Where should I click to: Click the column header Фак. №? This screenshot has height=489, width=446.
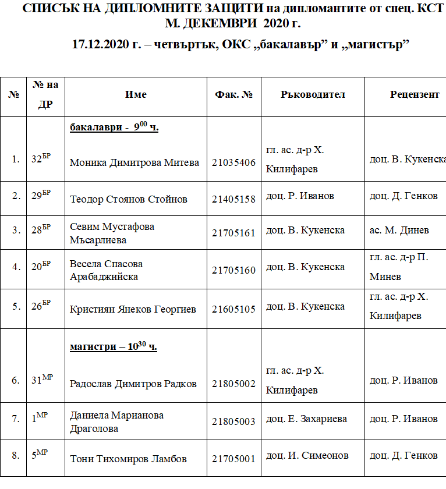tap(233, 94)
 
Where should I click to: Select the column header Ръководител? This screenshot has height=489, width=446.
tap(313, 94)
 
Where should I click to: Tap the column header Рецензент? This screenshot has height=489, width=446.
tap(415, 94)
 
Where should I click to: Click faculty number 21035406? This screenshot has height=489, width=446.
tap(233, 163)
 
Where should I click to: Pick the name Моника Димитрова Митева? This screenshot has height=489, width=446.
tap(134, 163)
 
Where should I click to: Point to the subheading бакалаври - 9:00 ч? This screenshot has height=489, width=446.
tap(114, 127)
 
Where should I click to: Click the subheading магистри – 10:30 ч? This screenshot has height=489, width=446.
tap(114, 347)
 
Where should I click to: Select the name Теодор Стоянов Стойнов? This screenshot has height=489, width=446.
tap(128, 199)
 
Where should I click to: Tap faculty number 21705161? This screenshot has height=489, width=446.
tap(233, 233)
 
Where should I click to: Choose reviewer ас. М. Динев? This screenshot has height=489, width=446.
tap(399, 231)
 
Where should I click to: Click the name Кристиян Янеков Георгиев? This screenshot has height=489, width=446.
tap(133, 309)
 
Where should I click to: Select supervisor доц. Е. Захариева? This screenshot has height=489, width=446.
tap(306, 419)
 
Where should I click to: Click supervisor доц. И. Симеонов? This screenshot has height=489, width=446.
tap(307, 455)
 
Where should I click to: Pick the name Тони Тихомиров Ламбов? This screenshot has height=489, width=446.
tap(128, 459)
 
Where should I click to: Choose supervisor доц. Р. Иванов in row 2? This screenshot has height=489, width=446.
tap(300, 196)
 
